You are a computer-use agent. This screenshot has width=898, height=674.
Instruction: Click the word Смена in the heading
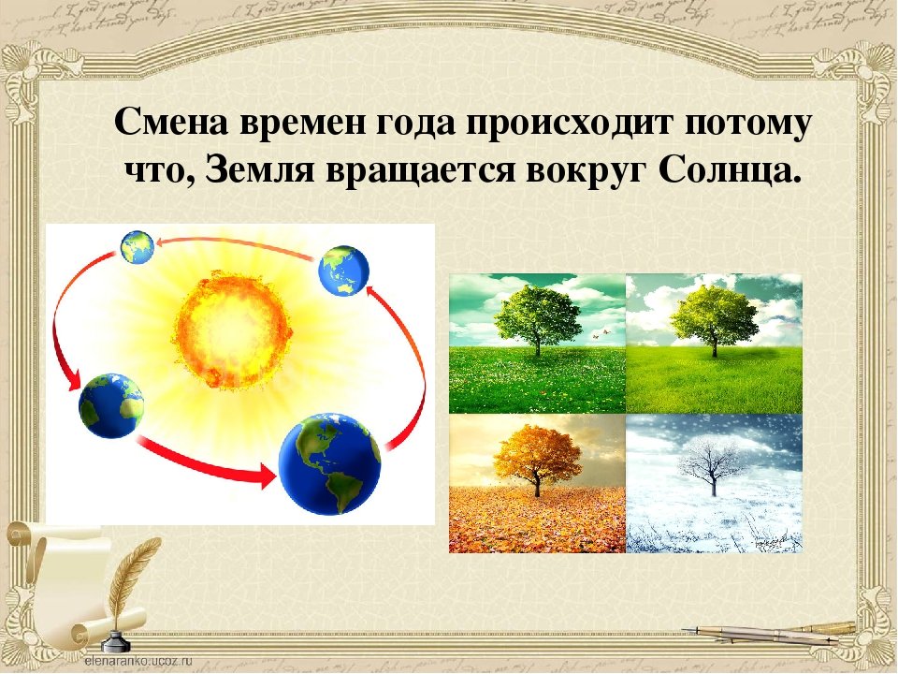171,122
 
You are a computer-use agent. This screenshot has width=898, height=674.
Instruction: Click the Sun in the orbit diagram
234,331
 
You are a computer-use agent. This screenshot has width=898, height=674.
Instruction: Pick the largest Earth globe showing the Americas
329,463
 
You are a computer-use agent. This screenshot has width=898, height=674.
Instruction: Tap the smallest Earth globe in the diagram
137,246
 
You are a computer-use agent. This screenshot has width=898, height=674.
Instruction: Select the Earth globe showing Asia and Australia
343,271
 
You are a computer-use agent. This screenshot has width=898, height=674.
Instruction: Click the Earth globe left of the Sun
111,405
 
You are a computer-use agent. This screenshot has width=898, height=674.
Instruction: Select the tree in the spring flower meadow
537,318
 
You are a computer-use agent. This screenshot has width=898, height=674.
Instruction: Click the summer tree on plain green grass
714,318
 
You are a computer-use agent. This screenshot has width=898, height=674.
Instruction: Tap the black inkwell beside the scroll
114,642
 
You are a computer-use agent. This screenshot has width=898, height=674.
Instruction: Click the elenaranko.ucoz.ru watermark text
138,660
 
